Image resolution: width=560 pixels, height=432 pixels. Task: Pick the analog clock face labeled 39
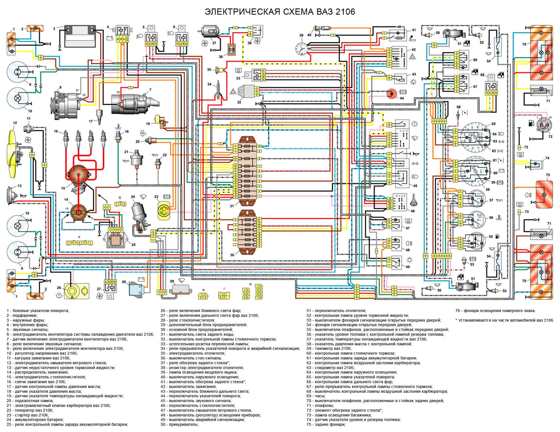pos(301,48)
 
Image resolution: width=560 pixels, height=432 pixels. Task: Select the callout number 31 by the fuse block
pos(232,206)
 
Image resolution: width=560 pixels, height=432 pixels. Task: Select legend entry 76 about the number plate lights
pos(495,311)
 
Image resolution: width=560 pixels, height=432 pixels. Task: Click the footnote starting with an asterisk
pos(504,320)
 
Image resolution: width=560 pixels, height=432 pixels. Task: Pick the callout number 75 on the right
pos(548,175)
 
